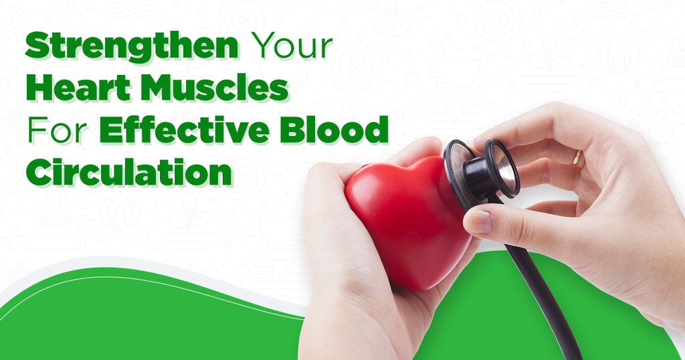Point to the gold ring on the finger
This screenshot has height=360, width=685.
pyautogui.click(x=577, y=159)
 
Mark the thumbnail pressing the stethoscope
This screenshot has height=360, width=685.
pyautogui.click(x=477, y=221)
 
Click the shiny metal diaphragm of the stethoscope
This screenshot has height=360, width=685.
pyautogui.click(x=506, y=168)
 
